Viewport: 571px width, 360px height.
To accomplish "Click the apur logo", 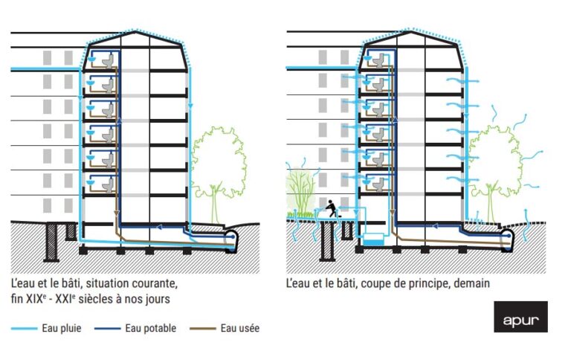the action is click(520, 317).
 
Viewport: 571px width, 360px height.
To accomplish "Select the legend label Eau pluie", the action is click(62, 328).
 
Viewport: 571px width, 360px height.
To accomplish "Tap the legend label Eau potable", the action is click(151, 328).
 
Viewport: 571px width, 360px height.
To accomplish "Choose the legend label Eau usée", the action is click(240, 328).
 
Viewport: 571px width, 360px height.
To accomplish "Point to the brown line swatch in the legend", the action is click(203, 329).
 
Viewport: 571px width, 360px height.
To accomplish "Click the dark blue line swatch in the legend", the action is click(107, 329).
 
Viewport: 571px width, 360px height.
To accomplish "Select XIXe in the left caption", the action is click(36, 299).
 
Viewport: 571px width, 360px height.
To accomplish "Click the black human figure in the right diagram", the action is click(331, 208).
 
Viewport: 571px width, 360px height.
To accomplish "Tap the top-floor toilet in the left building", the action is click(108, 60).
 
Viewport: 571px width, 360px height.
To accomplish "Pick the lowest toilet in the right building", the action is click(378, 184).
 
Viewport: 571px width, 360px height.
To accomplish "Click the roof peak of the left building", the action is click(135, 32).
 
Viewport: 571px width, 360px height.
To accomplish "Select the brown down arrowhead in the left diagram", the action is click(117, 213).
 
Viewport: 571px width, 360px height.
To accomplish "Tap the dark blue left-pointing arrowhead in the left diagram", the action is click(159, 228).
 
